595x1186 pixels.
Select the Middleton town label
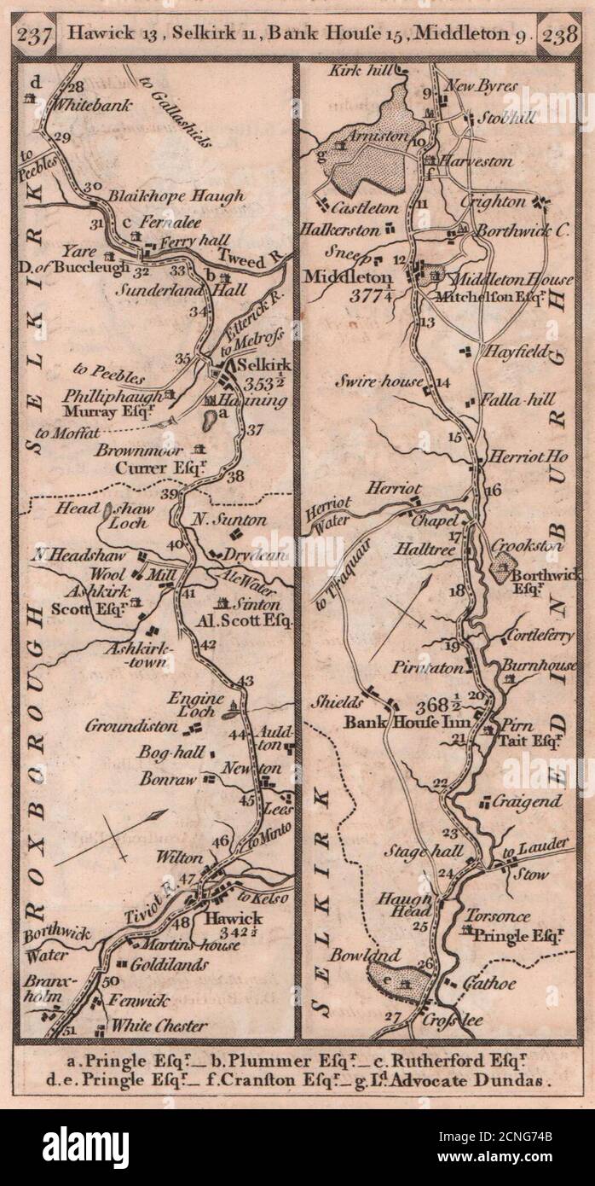346,277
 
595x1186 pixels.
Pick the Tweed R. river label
256,256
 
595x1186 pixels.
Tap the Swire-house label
385,381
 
